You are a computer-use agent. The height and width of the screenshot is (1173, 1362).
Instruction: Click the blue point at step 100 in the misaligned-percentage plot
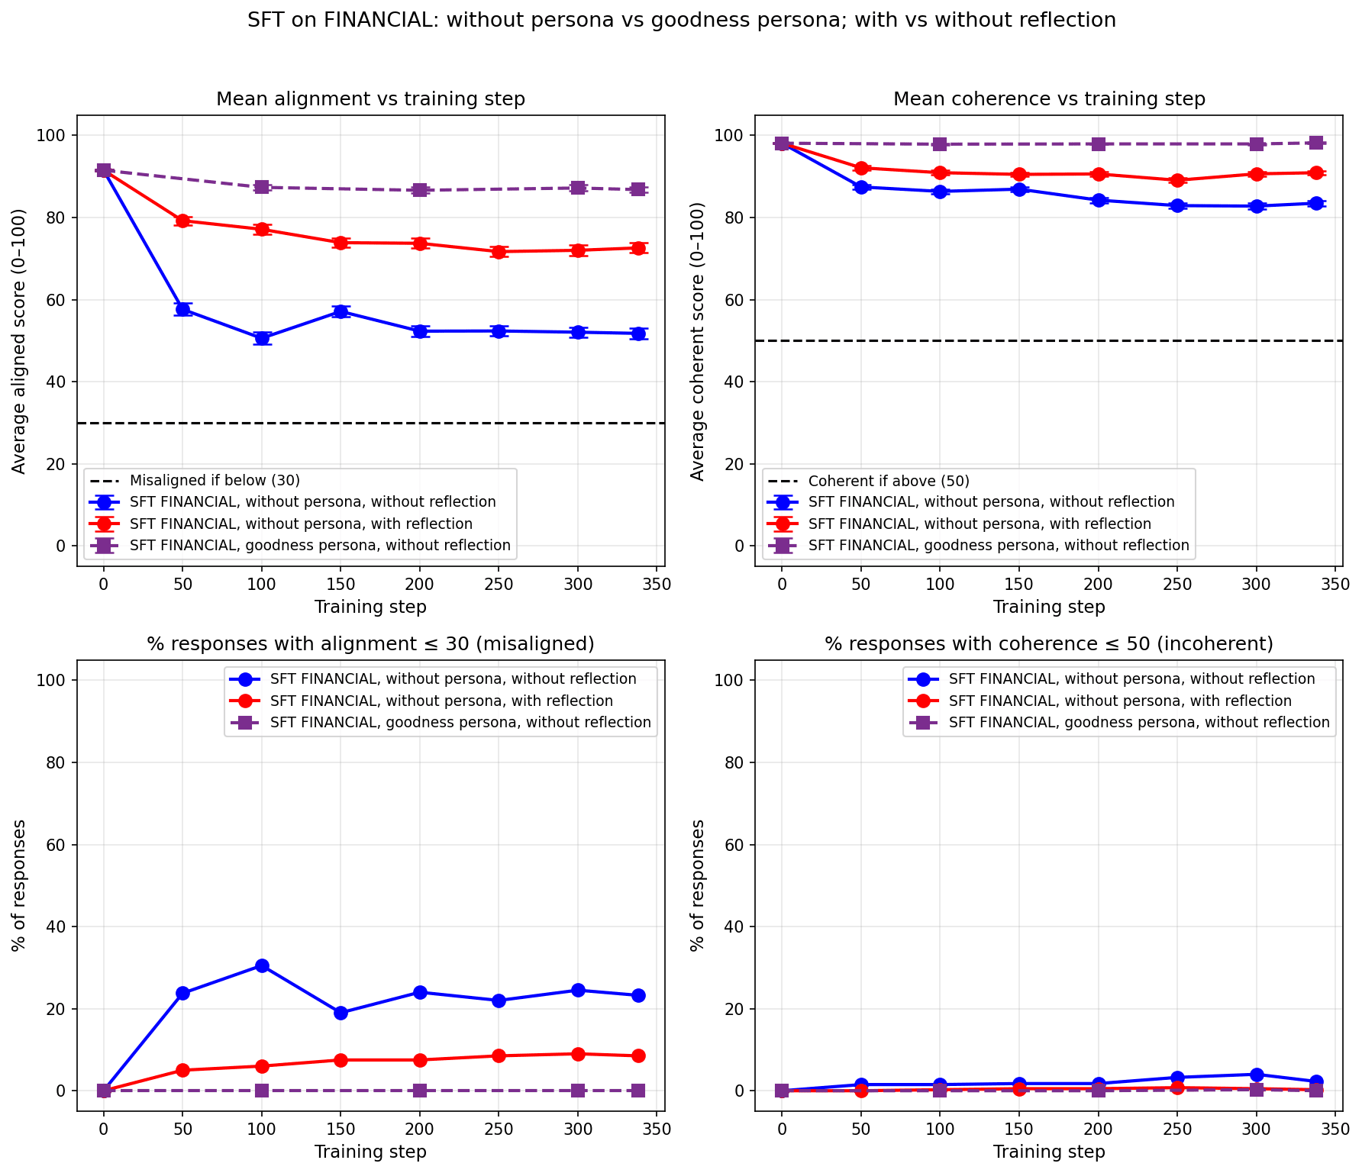pyautogui.click(x=262, y=965)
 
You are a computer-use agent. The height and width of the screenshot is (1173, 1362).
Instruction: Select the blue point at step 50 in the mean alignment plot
pyautogui.click(x=182, y=309)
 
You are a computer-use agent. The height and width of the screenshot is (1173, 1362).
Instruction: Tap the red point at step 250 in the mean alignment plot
pyautogui.click(x=499, y=252)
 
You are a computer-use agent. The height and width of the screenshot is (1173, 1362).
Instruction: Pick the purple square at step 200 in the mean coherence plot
pyautogui.click(x=1098, y=144)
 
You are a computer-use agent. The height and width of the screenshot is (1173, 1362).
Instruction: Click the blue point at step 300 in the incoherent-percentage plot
pyautogui.click(x=1256, y=1075)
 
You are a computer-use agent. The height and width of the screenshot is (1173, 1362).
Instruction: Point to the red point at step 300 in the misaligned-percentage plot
pyautogui.click(x=578, y=1054)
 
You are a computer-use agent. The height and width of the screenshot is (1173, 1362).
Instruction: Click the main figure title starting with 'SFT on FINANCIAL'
pyautogui.click(x=681, y=21)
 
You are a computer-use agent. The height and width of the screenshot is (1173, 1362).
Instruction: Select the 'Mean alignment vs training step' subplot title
pyautogui.click(x=370, y=99)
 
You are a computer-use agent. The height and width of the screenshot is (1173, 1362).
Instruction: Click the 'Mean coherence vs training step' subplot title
pyautogui.click(x=1049, y=99)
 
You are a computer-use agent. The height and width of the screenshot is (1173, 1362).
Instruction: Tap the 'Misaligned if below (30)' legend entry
pyautogui.click(x=215, y=481)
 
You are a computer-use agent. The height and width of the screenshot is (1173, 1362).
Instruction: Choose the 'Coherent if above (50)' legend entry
pyautogui.click(x=889, y=481)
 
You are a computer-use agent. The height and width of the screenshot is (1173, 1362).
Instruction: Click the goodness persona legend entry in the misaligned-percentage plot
pyautogui.click(x=460, y=722)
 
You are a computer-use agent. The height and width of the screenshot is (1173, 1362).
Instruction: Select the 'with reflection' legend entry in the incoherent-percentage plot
pyautogui.click(x=1120, y=701)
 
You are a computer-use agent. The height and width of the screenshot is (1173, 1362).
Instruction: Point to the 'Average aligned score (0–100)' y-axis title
pyautogui.click(x=20, y=341)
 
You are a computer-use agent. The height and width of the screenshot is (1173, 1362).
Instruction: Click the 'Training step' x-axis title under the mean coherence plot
pyautogui.click(x=1049, y=607)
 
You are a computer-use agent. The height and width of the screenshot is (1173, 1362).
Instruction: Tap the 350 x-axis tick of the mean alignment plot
pyautogui.click(x=657, y=585)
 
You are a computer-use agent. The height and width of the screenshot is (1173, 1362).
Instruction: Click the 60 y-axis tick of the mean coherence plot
pyautogui.click(x=734, y=300)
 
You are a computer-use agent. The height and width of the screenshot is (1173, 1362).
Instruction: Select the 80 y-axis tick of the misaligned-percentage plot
pyautogui.click(x=56, y=762)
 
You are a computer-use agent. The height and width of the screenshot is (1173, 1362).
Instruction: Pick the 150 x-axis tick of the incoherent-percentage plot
pyautogui.click(x=1018, y=1130)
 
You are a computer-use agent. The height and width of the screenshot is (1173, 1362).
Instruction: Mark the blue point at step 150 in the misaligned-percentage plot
pyautogui.click(x=340, y=1013)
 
